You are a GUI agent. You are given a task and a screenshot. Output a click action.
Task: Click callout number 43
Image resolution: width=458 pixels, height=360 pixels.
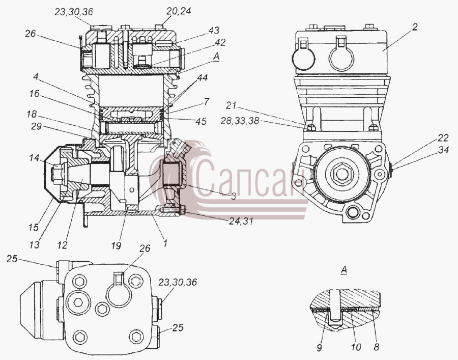[214, 31]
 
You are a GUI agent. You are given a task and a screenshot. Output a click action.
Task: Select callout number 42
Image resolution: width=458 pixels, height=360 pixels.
[220, 42]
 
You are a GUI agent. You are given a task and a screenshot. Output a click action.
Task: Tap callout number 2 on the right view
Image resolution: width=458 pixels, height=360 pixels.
[415, 27]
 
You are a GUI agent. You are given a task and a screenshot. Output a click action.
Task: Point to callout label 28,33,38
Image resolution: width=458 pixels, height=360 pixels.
[240, 121]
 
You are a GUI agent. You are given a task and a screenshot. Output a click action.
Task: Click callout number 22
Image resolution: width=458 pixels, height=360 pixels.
[443, 137]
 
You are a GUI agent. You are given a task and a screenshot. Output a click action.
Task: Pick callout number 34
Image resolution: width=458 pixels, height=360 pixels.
[443, 150]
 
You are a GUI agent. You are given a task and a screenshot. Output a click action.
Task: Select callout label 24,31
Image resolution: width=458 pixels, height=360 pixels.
[241, 221]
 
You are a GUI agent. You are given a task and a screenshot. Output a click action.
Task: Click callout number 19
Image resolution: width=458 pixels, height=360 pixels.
[116, 246]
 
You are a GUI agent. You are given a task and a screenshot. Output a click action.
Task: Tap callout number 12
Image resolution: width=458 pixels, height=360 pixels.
[62, 245]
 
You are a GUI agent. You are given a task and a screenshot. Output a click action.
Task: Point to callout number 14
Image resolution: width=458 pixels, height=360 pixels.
[34, 158]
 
